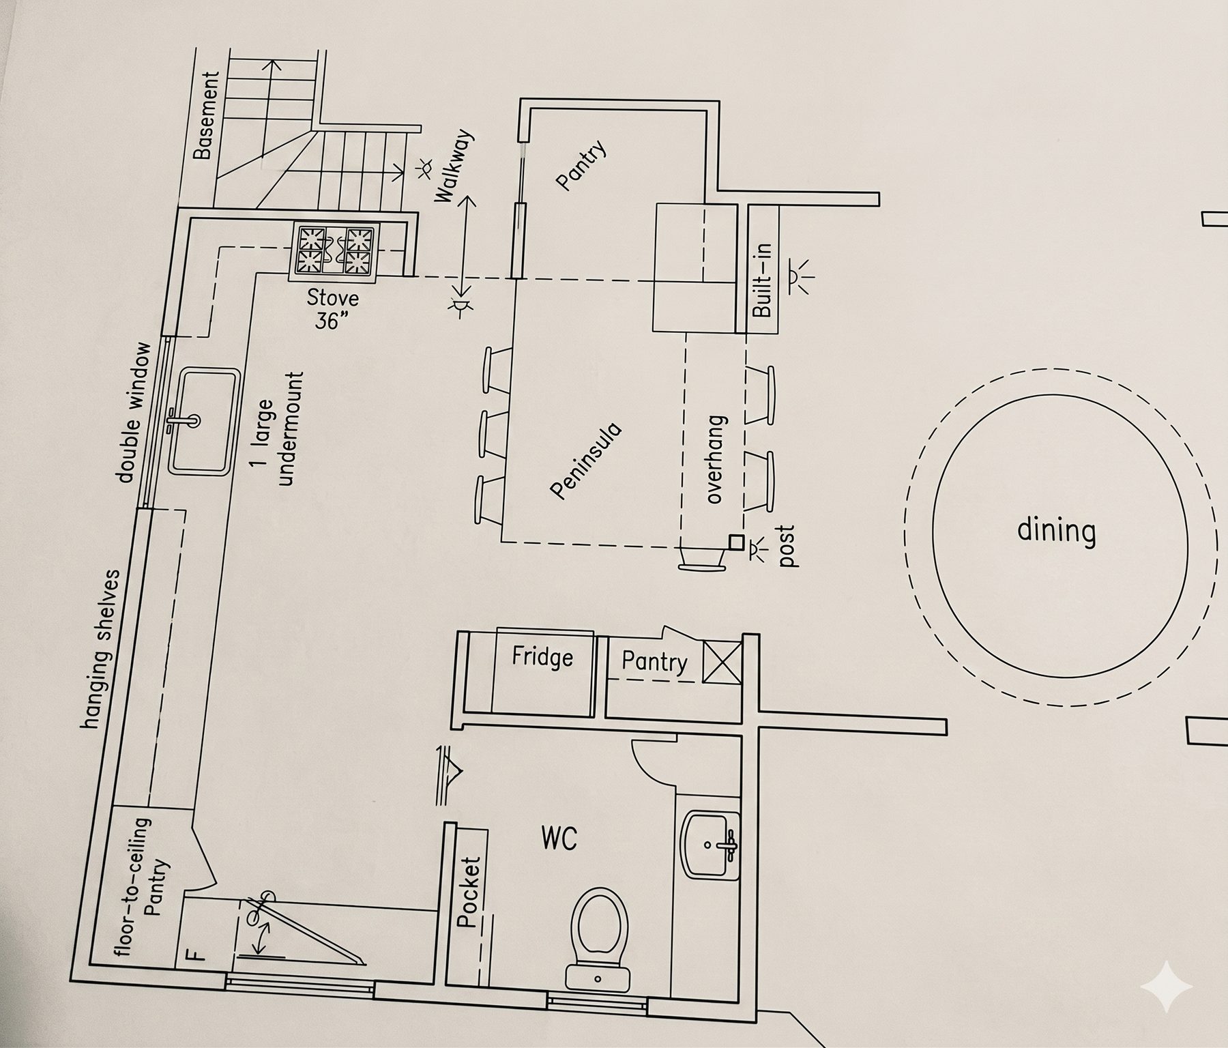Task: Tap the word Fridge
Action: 542,657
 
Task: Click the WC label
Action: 559,838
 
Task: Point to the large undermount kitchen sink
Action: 203,421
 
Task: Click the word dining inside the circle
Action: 1056,530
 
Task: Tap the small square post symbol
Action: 735,542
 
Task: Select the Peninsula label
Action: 586,461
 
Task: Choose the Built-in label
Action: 763,280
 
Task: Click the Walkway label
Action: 453,166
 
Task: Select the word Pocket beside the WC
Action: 469,892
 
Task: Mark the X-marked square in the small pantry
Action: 722,660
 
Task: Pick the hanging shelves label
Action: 100,649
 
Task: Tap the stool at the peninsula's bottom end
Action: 701,561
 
